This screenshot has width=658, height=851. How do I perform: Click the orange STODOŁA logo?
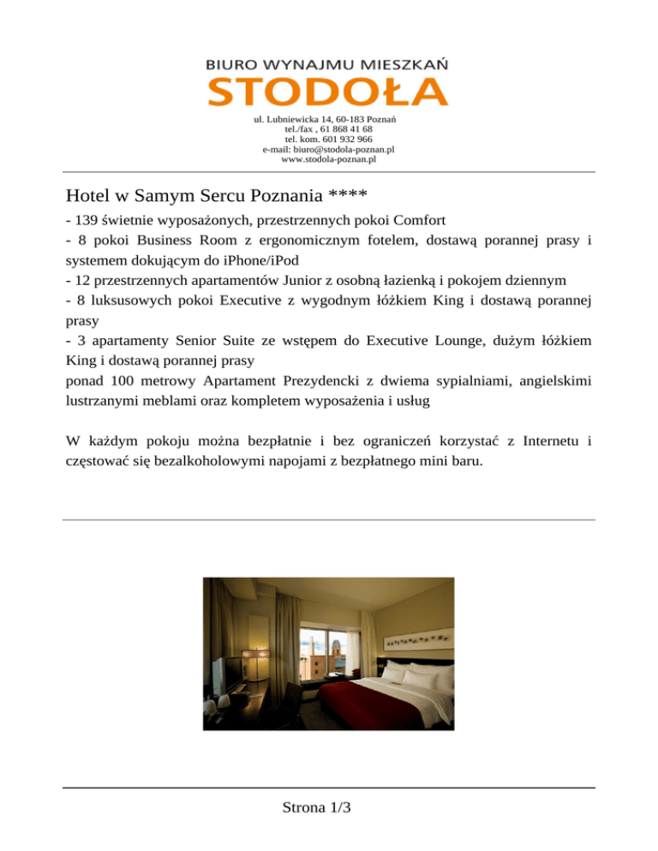tap(328, 92)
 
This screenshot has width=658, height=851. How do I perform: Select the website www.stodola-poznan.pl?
tap(329, 158)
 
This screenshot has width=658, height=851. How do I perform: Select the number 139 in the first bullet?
tap(87, 219)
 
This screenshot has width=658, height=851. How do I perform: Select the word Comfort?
tap(418, 219)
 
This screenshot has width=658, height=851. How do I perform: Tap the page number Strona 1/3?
tap(329, 808)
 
